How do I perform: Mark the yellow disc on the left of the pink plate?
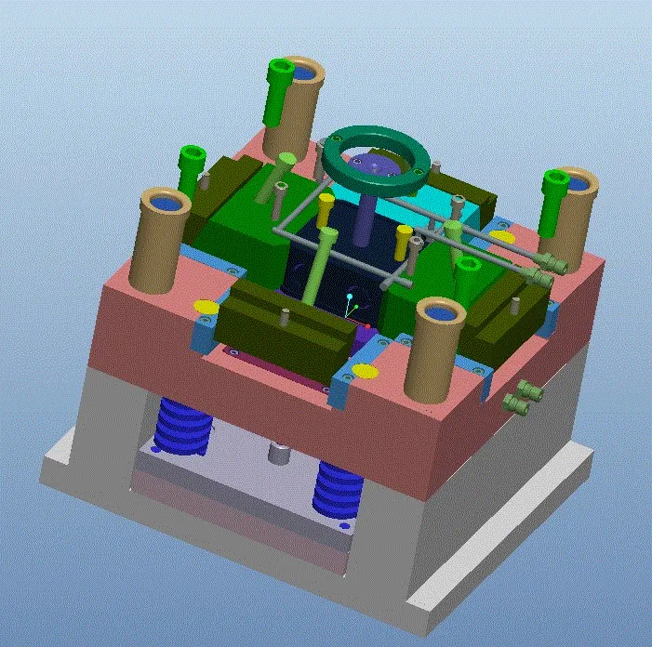click(x=206, y=307)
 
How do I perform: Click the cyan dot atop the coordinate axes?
click(x=350, y=297)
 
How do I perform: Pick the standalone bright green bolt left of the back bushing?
click(x=192, y=163)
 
